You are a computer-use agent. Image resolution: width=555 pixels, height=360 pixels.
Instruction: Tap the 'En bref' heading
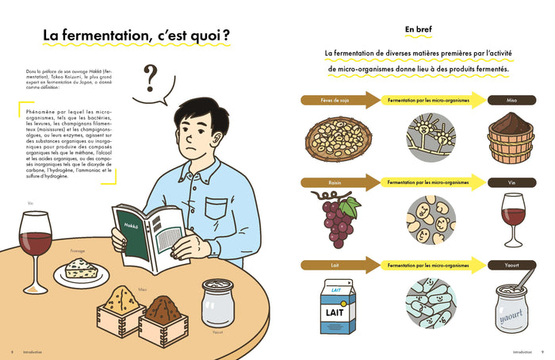point(420,29)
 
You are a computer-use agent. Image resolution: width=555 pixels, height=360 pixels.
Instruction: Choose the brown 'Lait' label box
point(327,264)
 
